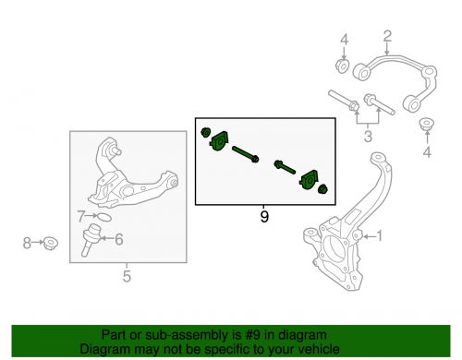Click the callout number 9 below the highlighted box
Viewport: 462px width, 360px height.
pos(264,217)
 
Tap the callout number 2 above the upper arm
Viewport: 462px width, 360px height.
pos(387,36)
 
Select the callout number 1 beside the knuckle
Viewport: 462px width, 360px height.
pos(379,236)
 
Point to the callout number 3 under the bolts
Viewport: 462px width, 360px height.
pos(368,136)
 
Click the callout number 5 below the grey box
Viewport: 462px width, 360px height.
pos(127,276)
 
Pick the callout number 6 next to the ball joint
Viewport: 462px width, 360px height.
pos(119,239)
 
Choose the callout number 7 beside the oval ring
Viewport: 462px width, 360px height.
pos(81,216)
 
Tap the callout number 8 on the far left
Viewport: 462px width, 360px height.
pos(27,243)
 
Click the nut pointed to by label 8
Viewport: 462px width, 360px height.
pos(51,244)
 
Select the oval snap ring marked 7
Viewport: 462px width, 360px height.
pos(103,217)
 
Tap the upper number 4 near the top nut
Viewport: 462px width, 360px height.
pos(345,40)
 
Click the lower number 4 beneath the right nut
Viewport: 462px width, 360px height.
pos(427,151)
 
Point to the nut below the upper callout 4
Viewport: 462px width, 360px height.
pos(342,66)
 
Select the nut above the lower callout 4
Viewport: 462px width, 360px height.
pos(427,124)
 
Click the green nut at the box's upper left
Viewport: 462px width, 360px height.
pos(205,133)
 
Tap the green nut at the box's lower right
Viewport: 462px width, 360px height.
pos(322,189)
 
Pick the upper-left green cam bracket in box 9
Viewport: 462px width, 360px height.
pos(219,141)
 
